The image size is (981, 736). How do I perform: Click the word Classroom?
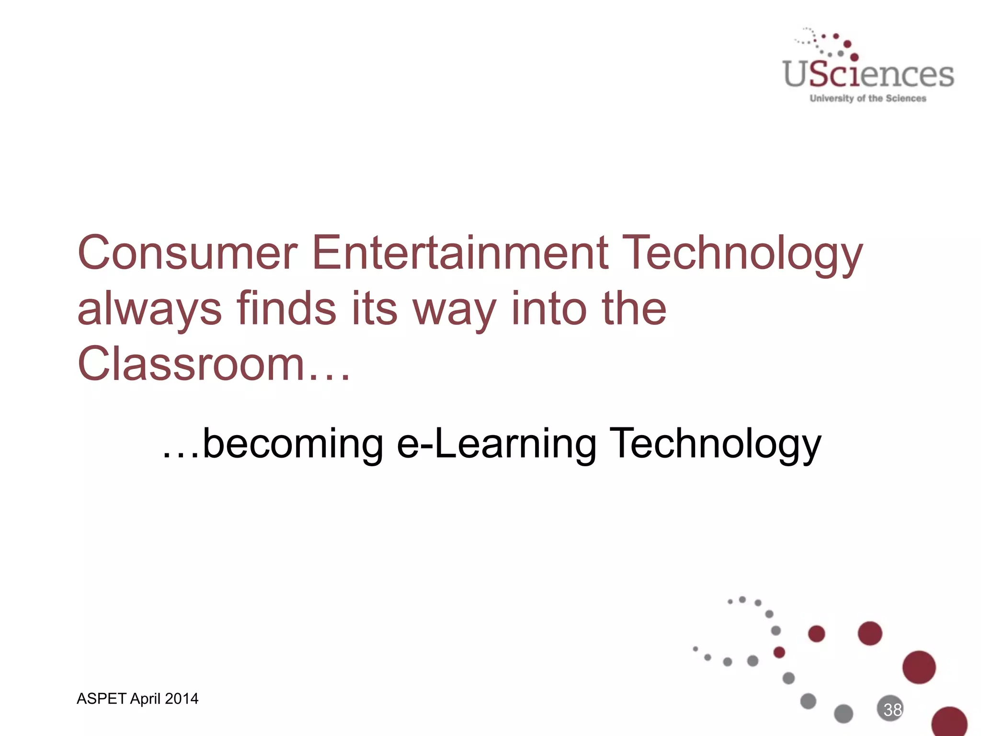191,364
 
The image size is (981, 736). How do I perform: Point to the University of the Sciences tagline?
867,99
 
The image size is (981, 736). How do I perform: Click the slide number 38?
892,710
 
